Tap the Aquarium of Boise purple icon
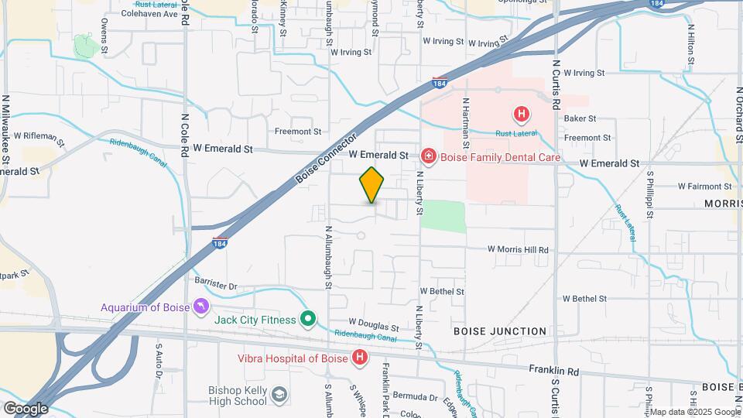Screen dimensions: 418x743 201,307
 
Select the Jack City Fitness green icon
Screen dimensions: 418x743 308,319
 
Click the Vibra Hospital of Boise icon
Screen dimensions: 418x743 360,357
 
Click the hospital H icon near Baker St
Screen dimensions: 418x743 522,115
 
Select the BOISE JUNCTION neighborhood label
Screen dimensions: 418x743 500,331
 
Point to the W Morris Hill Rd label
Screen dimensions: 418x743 518,250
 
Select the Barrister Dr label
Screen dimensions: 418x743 214,286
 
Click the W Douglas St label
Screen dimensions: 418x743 374,326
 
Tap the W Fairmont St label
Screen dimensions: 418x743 704,186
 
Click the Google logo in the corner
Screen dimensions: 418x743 25,408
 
